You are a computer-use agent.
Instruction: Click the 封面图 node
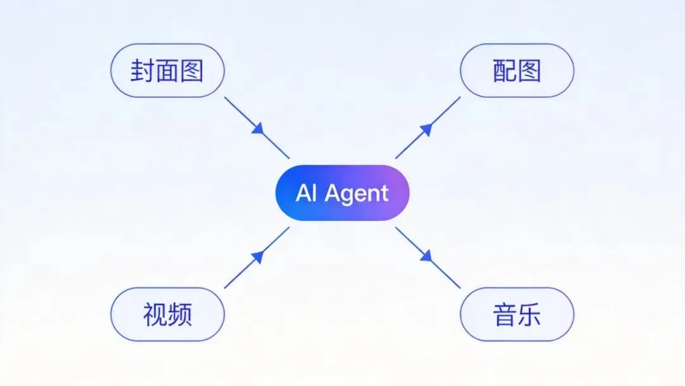(167, 70)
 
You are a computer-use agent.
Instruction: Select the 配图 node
(516, 70)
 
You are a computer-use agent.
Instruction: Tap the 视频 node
(167, 314)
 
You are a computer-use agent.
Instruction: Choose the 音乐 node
(516, 314)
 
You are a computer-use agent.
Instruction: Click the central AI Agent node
(342, 193)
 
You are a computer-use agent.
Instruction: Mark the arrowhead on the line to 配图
(426, 129)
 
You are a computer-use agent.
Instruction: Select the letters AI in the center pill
(306, 193)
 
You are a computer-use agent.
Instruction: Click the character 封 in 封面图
(141, 70)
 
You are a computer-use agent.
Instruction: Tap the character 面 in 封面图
(167, 70)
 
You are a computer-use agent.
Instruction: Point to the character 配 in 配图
(504, 71)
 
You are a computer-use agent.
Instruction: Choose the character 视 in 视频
(155, 314)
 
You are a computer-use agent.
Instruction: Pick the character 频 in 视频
(179, 314)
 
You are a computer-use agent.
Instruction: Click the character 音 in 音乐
(504, 314)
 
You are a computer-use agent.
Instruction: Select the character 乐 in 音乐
(529, 314)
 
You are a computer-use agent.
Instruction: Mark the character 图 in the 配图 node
(529, 71)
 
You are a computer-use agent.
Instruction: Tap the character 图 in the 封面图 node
(192, 70)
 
